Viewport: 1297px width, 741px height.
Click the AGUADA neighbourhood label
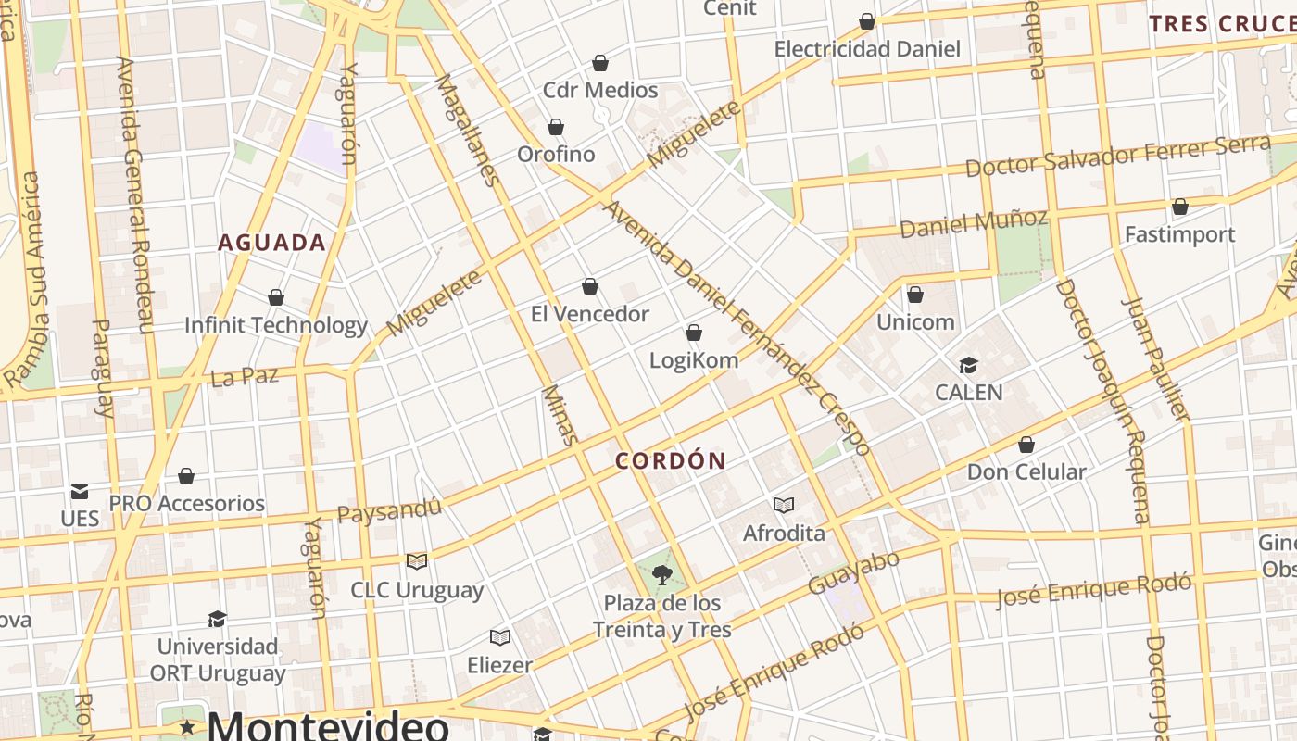coord(271,243)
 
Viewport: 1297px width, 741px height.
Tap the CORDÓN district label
coord(671,460)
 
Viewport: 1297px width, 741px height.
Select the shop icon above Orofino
coord(556,127)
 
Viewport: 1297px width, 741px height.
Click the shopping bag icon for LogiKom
coord(694,333)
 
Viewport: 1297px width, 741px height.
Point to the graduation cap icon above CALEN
coord(968,365)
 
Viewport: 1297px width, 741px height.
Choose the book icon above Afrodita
coord(784,505)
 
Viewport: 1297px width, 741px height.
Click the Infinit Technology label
coord(276,325)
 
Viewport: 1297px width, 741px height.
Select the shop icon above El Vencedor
coord(590,287)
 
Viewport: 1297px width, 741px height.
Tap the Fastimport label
coord(1179,234)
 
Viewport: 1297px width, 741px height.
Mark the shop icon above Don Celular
coord(1026,445)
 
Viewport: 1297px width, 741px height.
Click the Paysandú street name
coord(389,509)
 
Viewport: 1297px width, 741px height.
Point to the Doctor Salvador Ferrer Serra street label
coord(1117,156)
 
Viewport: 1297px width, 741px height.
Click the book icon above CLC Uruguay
coord(417,561)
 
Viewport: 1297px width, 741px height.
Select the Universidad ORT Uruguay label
coord(218,659)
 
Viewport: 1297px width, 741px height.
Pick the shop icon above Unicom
coord(915,295)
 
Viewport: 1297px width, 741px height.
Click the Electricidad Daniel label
coord(867,48)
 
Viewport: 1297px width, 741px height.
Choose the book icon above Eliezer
coord(500,637)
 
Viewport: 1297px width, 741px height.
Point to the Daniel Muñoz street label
coord(974,223)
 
